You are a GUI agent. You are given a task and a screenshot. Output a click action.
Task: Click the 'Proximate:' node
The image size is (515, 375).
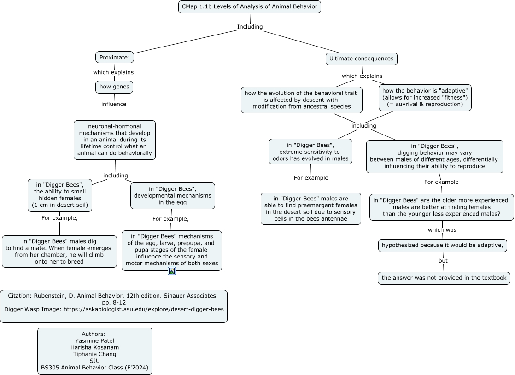pos(115,57)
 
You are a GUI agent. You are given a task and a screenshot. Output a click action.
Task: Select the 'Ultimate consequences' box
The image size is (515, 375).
pos(361,59)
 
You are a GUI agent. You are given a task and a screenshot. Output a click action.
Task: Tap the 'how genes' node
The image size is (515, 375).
pos(114,87)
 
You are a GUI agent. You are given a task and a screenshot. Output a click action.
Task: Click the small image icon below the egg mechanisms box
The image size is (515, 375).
pos(172,271)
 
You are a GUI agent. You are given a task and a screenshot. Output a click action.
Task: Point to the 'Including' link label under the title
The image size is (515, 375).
pos(250,27)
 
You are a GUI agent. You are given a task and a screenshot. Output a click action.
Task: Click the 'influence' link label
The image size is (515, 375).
pos(114,104)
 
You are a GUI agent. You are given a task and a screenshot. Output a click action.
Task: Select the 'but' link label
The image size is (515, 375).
pos(443,261)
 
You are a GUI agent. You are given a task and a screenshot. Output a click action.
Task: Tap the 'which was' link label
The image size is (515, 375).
pos(442,230)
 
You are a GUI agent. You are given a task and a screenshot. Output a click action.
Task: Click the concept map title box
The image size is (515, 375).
pos(250,7)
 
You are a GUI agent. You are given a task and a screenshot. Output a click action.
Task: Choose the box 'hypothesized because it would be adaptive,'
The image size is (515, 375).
pos(442,245)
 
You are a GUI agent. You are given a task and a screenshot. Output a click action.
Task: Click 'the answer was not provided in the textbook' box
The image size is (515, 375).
pos(444,278)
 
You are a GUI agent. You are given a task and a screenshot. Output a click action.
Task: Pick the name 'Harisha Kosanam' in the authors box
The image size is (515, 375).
pos(94,347)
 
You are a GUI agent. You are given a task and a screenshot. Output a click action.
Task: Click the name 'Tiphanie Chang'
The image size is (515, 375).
pos(94,354)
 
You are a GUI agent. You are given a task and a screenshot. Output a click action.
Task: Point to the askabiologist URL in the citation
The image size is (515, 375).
pos(144,309)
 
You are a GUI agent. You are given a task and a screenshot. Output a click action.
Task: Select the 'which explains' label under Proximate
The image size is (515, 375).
pos(113,72)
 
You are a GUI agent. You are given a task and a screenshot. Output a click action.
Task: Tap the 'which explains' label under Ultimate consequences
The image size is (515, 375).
pos(362,76)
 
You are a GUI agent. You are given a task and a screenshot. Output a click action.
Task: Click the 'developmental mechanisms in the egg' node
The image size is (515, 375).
pos(173,196)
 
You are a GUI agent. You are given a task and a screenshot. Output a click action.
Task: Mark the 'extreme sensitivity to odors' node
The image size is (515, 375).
pos(310,152)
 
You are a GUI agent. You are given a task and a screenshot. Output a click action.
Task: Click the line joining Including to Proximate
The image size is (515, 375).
pos(186,42)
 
